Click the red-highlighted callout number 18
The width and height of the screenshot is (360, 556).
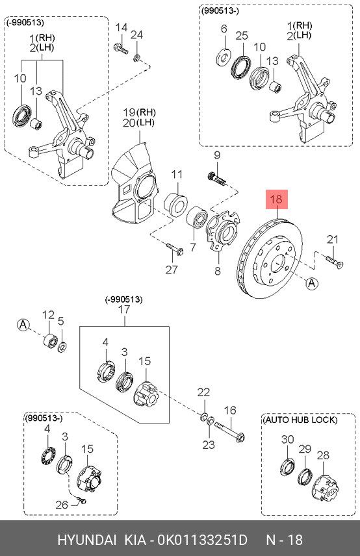click(x=276, y=199)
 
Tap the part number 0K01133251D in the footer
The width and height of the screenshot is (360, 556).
click(x=203, y=540)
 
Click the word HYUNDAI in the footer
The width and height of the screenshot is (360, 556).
click(x=86, y=540)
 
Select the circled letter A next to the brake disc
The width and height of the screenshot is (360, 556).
click(x=312, y=283)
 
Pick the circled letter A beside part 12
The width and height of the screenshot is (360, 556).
click(x=23, y=325)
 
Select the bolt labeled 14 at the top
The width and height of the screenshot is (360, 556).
click(x=121, y=48)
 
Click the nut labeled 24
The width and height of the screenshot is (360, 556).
click(x=137, y=57)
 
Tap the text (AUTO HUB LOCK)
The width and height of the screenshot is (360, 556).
click(x=300, y=420)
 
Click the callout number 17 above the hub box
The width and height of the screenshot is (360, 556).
click(x=124, y=309)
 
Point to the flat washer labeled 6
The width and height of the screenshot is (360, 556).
click(x=224, y=57)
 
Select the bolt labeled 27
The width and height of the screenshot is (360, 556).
click(x=175, y=248)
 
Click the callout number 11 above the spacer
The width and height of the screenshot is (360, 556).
click(x=177, y=174)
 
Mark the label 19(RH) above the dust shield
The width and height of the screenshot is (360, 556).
click(x=140, y=112)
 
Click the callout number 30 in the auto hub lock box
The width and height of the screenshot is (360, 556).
click(x=288, y=439)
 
